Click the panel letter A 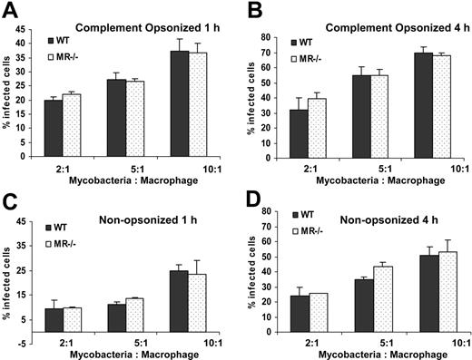tap(11, 10)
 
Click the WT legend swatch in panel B tap(295, 42)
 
